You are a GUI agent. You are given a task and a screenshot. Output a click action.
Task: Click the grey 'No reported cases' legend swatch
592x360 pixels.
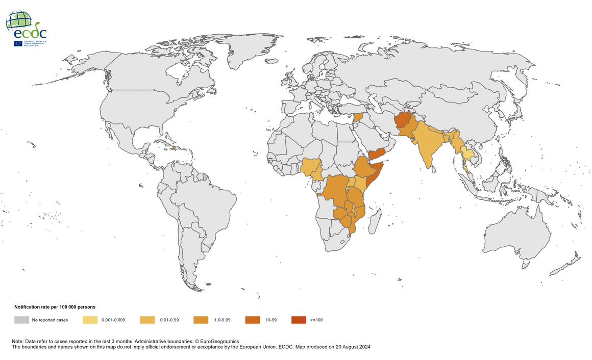pos(21,320)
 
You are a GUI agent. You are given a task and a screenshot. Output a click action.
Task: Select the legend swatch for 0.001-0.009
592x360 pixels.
pos(90,320)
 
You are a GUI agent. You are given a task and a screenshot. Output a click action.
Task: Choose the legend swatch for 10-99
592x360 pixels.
pos(252,320)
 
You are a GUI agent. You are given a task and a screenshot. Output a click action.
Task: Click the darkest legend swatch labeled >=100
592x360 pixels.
pos(299,320)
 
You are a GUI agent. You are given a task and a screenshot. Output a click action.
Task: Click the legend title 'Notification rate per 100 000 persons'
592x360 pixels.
pos(55,306)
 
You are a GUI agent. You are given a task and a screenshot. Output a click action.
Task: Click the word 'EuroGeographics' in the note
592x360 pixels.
pos(220,341)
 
